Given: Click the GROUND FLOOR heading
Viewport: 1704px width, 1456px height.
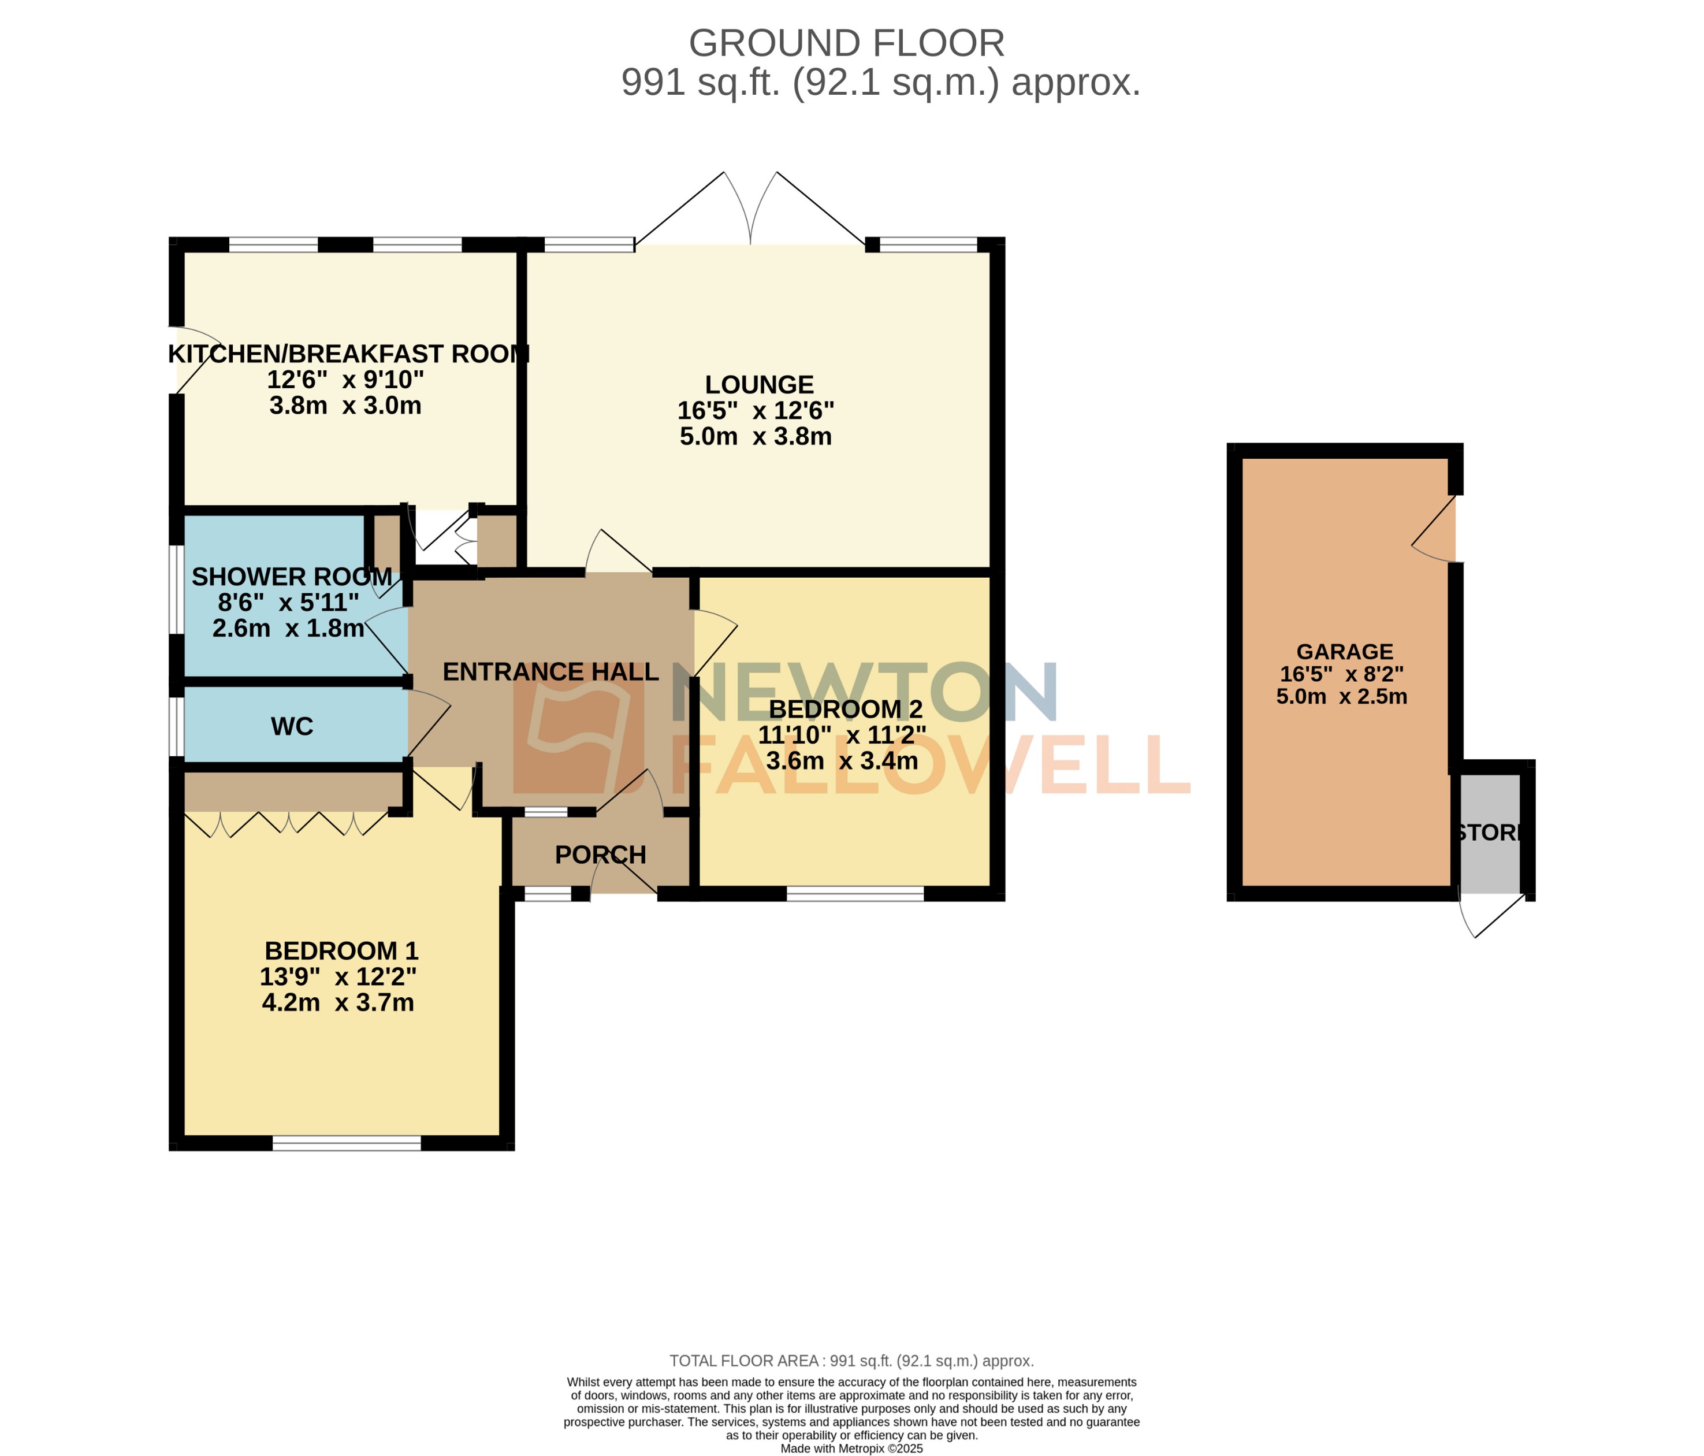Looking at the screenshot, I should click(x=846, y=43).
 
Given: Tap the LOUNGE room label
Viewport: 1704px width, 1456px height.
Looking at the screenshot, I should click(x=759, y=385).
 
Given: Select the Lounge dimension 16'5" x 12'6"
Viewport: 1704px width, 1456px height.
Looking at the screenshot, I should click(x=755, y=410).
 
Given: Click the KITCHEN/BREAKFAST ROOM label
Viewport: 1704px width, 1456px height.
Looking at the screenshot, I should click(x=349, y=355).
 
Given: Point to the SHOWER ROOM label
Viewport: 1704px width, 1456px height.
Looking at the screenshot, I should click(x=292, y=577).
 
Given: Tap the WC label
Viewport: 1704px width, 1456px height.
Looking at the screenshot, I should click(x=292, y=726).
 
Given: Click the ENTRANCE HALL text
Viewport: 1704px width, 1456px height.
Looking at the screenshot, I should click(x=550, y=672).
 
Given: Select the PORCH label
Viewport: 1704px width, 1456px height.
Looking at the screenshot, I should click(x=600, y=855).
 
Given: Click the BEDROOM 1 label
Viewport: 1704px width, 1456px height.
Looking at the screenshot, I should click(x=341, y=951).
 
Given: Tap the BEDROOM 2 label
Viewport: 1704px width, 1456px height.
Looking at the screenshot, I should click(x=846, y=709).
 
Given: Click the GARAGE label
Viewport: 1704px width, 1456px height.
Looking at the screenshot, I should click(x=1345, y=652).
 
